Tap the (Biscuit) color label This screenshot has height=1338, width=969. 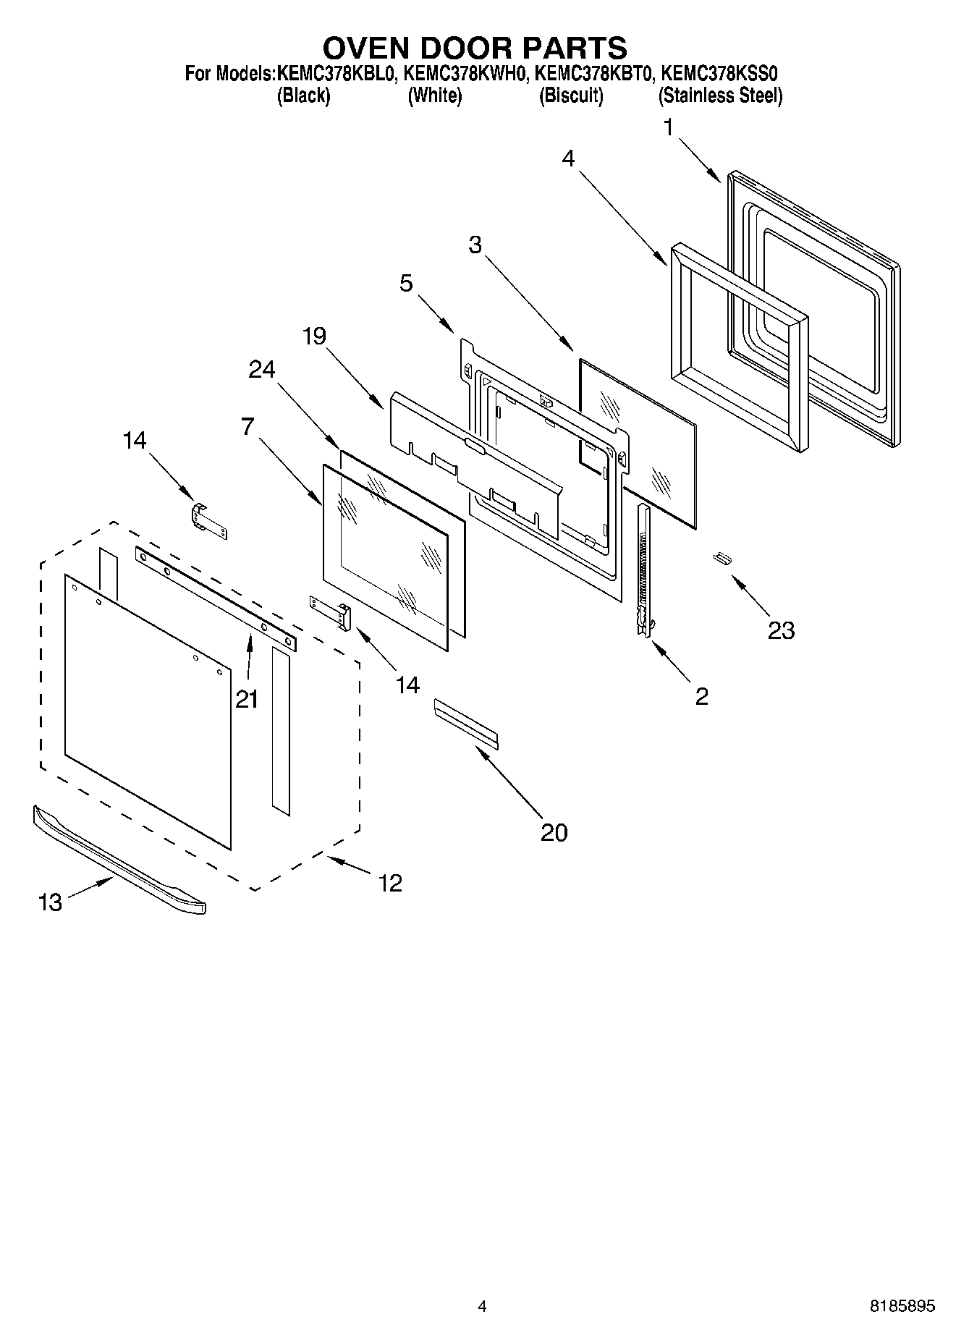coord(571,96)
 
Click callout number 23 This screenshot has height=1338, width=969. coord(781,630)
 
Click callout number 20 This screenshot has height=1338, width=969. coord(554,832)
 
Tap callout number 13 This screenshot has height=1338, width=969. coord(50,902)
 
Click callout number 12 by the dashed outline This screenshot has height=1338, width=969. coord(390,883)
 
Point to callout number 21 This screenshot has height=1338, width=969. coord(247,699)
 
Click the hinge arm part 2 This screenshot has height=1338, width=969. coord(643,572)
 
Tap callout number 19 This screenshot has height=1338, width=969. coord(315,336)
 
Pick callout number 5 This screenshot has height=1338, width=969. coord(406,283)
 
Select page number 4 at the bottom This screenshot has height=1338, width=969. coord(482,1306)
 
